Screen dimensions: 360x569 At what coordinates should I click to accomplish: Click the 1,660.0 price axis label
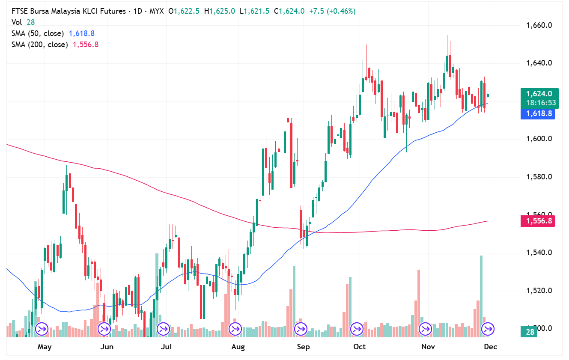(x=539, y=25)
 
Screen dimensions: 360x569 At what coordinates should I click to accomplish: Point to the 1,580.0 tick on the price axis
(x=539, y=177)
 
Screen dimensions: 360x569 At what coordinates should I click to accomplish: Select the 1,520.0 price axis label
(x=539, y=291)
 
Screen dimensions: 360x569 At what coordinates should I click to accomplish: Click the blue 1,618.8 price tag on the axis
(x=538, y=114)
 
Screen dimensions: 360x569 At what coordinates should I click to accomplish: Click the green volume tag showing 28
(x=529, y=332)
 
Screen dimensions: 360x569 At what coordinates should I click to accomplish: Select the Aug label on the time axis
(x=238, y=347)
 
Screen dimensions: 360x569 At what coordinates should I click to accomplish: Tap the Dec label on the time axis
(x=490, y=347)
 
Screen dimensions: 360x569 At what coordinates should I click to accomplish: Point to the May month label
(x=44, y=347)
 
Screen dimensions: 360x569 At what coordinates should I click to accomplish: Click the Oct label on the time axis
(x=359, y=347)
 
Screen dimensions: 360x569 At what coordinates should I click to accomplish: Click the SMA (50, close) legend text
(x=38, y=33)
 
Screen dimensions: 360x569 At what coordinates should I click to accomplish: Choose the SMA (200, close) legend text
(x=39, y=45)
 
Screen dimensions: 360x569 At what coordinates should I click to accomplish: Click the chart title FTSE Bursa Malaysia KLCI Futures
(x=69, y=12)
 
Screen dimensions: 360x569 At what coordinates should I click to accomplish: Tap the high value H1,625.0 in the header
(x=220, y=12)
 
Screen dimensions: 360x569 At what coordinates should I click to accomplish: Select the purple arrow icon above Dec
(x=488, y=329)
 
